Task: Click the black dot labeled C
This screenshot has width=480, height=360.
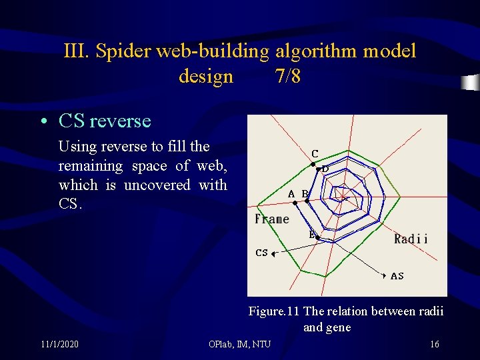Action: coord(313,163)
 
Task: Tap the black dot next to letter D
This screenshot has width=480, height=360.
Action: coord(318,169)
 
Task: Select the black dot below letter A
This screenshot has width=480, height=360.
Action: coord(295,203)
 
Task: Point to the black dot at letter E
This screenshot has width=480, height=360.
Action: coord(317,238)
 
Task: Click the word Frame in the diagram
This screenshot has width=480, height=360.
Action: coord(272,219)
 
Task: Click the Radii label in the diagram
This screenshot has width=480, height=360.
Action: coord(411,239)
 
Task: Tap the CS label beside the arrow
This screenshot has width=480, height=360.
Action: coord(262,253)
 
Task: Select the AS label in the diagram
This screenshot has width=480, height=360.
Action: coord(397,275)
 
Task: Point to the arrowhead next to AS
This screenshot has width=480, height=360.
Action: coord(385,275)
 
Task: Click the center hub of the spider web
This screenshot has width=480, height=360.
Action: coord(342,196)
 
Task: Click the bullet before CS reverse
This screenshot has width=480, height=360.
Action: coord(43,122)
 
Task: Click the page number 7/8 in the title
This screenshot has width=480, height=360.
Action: coord(287,77)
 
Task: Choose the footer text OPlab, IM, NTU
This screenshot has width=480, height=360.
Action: coord(239,344)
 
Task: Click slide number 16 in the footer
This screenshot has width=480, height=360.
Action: coord(434,344)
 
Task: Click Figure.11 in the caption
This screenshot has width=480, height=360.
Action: coord(274,311)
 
